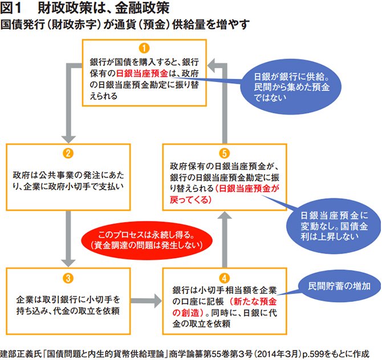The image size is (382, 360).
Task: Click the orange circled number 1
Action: tap(144, 48)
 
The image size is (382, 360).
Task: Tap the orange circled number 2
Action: tap(67, 153)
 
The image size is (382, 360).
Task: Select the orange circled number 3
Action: tap(67, 278)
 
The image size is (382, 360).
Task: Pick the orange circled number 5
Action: tap(225, 153)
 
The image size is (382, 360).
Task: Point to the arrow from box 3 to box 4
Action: tap(145, 298)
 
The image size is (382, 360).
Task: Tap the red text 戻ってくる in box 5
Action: tap(190, 200)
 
